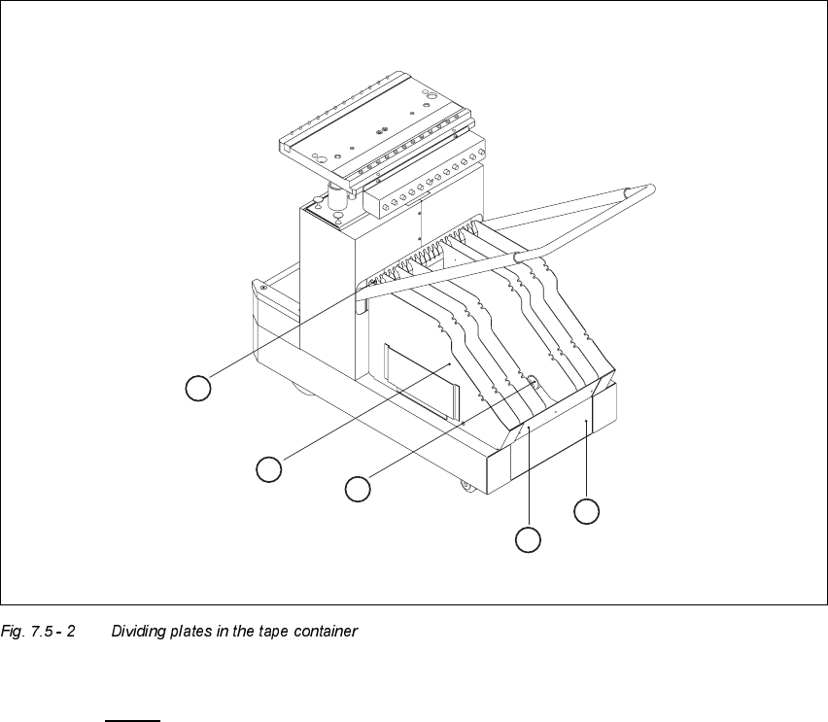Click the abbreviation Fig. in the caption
coord(14,632)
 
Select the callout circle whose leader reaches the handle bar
coord(198,388)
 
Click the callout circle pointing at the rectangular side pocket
coord(269,469)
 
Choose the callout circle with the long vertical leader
coord(528,540)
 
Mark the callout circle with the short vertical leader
coord(586,511)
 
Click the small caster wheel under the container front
coord(466,486)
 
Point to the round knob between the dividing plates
coord(534,382)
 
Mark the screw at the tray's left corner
coord(262,286)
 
